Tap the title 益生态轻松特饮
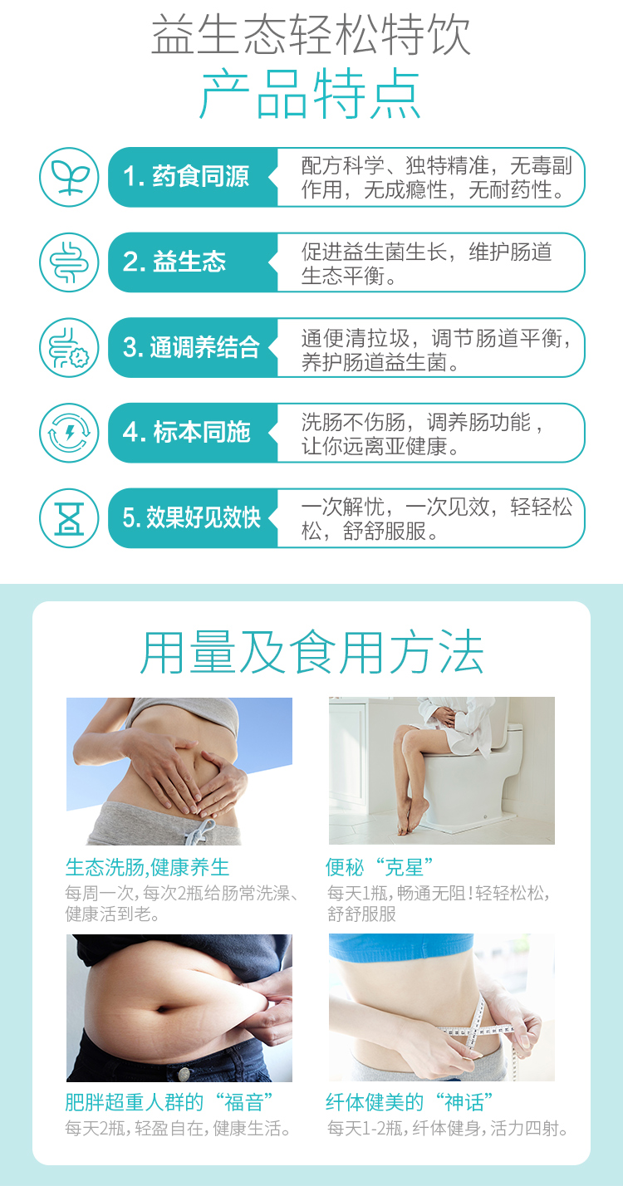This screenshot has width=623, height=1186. coord(311,35)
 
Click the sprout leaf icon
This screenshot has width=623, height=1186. coord(69,177)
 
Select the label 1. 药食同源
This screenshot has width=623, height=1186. coord(185,176)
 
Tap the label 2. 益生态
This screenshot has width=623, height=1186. coord(174,262)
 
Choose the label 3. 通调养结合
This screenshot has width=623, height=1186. coord(191,347)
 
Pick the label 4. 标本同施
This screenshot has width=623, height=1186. coord(186,432)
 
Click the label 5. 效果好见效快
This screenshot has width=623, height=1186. coord(191,517)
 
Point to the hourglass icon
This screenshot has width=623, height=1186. coord(69,517)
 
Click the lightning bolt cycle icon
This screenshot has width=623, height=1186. coord(69,433)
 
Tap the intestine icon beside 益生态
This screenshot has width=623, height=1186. coord(69,262)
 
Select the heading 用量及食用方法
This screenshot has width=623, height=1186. coord(311,652)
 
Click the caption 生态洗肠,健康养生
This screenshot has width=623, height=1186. coord(147,867)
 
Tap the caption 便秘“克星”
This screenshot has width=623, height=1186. coord(380,867)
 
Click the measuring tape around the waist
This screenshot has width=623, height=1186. coord(477,1030)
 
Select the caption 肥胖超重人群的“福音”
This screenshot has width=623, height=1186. coord(169,1103)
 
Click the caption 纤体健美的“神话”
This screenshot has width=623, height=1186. coord(410,1103)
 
